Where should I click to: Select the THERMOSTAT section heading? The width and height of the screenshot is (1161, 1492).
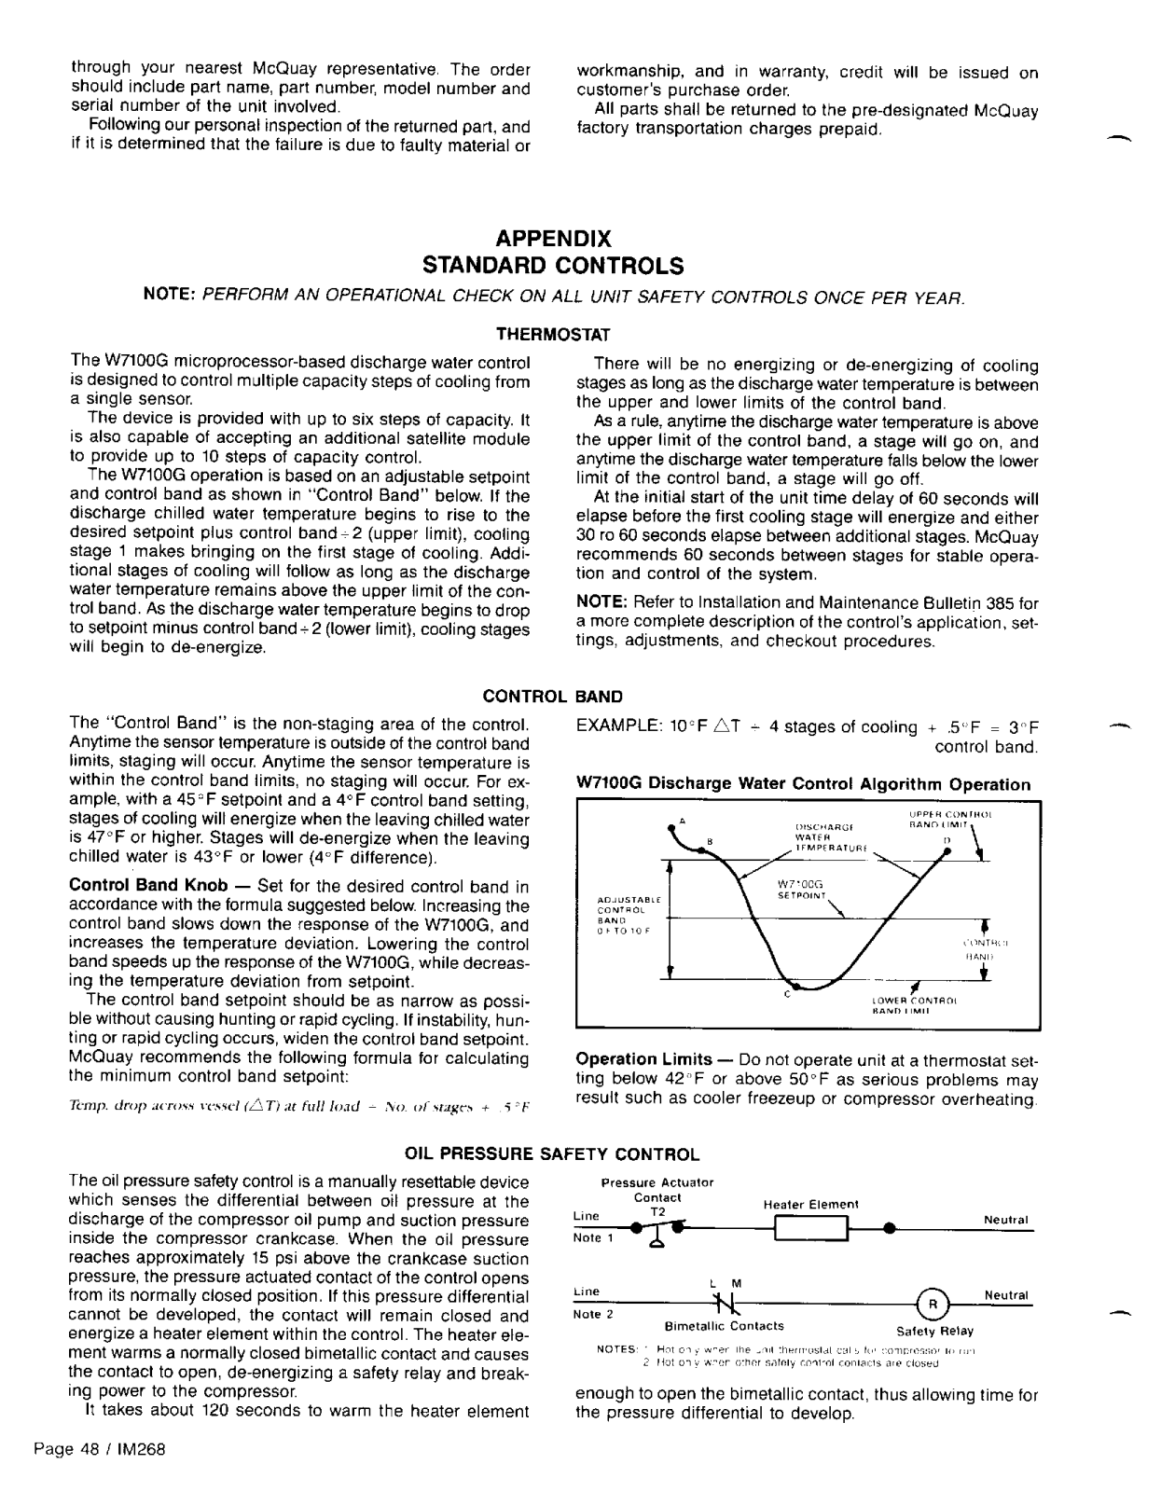tap(552, 333)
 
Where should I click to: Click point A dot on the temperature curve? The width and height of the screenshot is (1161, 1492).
tap(671, 827)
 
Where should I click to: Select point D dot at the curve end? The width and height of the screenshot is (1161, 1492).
tap(946, 861)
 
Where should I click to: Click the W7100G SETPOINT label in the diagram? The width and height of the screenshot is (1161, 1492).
tap(801, 890)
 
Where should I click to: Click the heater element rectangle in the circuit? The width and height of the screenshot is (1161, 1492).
tap(809, 1232)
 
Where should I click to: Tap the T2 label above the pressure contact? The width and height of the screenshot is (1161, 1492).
tap(657, 1210)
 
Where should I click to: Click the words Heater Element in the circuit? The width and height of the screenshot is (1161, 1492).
tap(809, 1204)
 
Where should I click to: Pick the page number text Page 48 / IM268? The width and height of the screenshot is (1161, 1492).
tap(100, 1449)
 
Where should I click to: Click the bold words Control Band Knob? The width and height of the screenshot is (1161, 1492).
tap(148, 886)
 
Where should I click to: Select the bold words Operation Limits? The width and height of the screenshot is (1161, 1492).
tap(630, 1059)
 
